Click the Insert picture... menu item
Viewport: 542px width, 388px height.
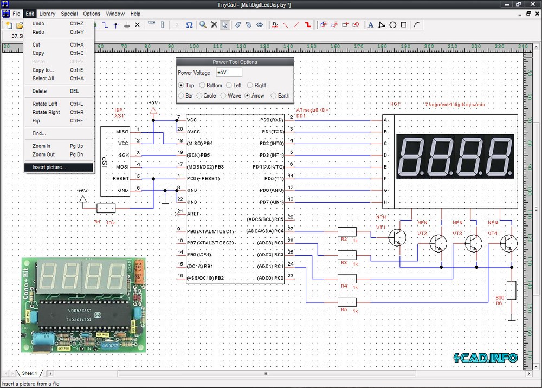(49, 167)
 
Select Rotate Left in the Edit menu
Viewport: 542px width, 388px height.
(44, 104)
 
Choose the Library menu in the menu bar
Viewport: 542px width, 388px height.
(47, 14)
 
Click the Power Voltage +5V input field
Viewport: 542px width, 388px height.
(228, 73)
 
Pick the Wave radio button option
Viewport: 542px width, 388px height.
(223, 95)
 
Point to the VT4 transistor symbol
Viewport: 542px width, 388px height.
(509, 243)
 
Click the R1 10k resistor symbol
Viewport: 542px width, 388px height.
(106, 208)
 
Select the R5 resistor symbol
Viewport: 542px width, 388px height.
(346, 302)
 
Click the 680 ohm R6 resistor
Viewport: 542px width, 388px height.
(511, 292)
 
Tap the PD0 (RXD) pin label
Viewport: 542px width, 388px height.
(272, 120)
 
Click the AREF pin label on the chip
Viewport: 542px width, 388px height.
(193, 214)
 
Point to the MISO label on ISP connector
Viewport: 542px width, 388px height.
(122, 132)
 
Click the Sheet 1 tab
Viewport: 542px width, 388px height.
(29, 373)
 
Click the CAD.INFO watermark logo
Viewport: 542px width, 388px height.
(486, 358)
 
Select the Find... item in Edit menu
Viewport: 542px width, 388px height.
(39, 133)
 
